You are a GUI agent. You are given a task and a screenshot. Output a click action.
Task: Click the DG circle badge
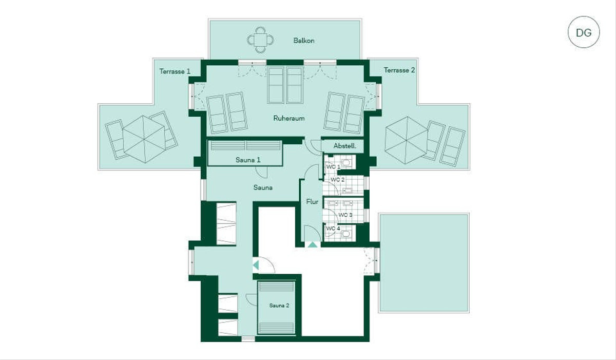584,32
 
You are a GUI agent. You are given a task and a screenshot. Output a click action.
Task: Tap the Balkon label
303,41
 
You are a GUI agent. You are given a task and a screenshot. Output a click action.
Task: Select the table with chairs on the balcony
260,40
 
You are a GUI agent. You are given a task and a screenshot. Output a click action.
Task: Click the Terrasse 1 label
175,71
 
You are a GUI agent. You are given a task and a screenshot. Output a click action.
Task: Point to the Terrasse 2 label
399,70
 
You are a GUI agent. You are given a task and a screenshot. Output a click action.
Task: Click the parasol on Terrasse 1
144,139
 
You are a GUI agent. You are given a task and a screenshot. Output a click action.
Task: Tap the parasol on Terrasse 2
407,140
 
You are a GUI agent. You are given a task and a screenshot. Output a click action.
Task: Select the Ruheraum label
288,118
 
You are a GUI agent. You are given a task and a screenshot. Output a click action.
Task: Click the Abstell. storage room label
344,146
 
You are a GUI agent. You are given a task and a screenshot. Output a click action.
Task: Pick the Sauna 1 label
248,160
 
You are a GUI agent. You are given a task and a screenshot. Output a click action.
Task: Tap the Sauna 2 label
279,306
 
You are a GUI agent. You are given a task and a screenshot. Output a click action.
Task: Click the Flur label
312,202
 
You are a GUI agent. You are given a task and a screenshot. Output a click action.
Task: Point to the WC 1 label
333,167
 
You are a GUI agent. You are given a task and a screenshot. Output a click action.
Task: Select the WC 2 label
337,180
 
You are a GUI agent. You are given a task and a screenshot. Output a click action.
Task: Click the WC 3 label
345,215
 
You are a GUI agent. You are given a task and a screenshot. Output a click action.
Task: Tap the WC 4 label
333,228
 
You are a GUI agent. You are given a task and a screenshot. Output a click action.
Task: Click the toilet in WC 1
346,162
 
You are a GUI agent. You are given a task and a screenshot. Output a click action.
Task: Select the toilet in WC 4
346,234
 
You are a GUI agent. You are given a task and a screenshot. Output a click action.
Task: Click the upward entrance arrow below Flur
313,244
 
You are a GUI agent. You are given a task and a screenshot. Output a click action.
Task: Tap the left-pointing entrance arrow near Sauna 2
256,266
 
